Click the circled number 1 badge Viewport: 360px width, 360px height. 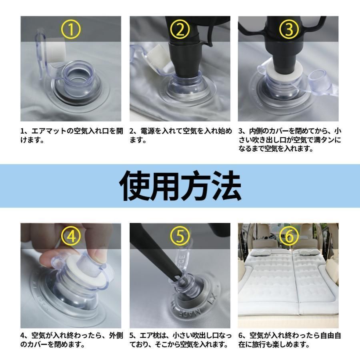tap(71, 29)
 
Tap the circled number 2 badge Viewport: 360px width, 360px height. tap(180, 29)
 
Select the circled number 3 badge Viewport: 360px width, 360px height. tap(289, 29)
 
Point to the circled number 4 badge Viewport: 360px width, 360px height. tap(71, 236)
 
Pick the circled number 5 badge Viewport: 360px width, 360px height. tap(180, 236)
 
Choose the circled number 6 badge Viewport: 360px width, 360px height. tap(289, 236)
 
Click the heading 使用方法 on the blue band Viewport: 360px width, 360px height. tap(180, 186)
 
